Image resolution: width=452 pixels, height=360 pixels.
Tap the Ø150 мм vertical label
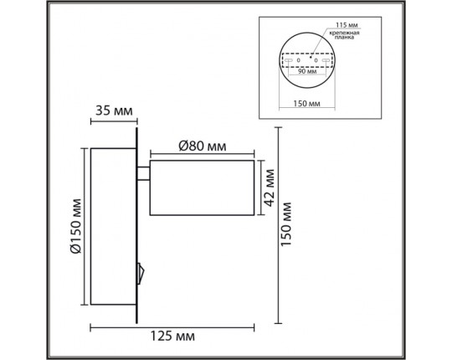[x=74, y=225]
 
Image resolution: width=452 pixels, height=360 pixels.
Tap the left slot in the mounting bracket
[x=288, y=61]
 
